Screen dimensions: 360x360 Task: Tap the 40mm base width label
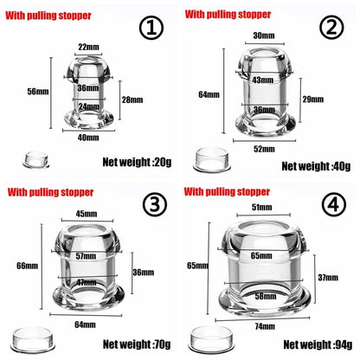point(87,137)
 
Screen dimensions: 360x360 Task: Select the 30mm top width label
point(263,36)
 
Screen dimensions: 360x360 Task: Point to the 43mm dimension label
point(262,80)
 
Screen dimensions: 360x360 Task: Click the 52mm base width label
point(263,150)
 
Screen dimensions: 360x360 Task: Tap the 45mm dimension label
point(86,215)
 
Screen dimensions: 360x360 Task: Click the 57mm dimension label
point(86,257)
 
